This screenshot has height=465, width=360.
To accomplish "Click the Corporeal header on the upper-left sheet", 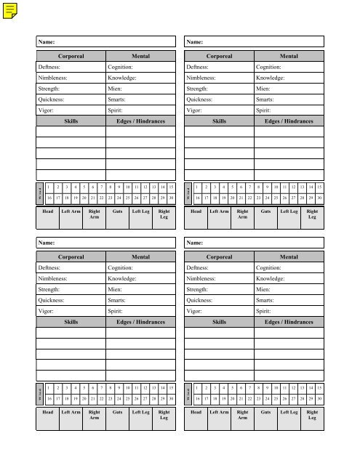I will pyautogui.click(x=71, y=54).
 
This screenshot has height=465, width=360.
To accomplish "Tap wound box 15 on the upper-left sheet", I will pyautogui.click(x=170, y=186).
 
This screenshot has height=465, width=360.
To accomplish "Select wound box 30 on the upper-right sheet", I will pyautogui.click(x=319, y=197).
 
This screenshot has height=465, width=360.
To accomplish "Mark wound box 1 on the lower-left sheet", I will pyautogui.click(x=49, y=387).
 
